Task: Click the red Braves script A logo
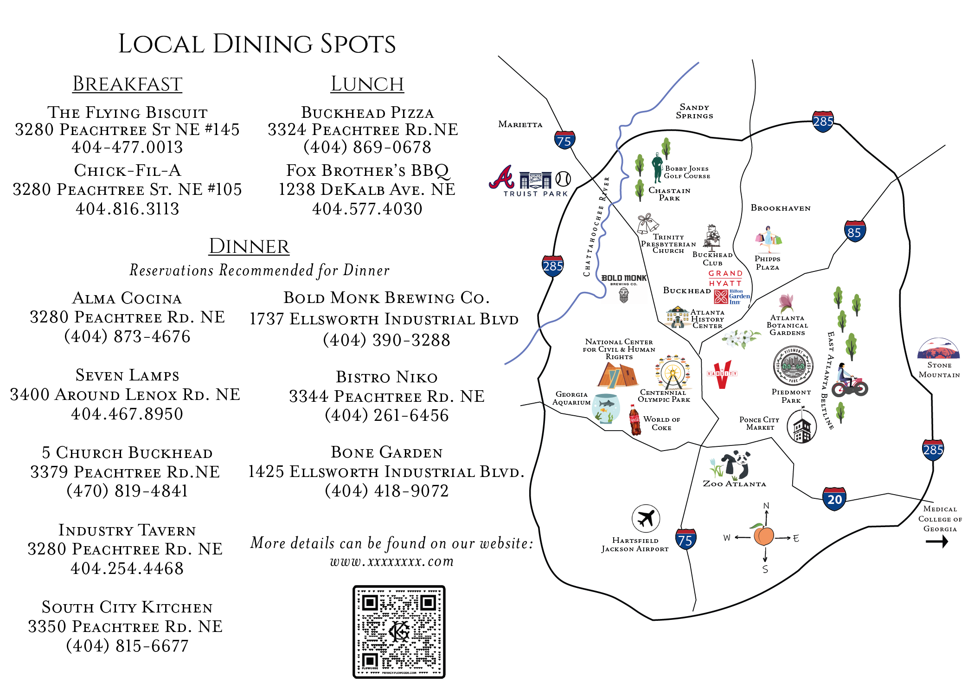[502, 177]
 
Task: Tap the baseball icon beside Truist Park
[563, 179]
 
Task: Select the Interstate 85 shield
[854, 231]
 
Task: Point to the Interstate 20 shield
[834, 499]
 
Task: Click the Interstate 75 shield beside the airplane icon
[685, 539]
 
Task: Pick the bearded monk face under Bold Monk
[624, 295]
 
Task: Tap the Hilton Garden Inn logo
[732, 297]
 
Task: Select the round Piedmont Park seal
[793, 365]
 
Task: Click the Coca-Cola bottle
[634, 420]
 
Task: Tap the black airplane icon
[645, 518]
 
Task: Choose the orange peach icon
[763, 535]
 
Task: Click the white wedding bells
[647, 225]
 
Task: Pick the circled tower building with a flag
[801, 425]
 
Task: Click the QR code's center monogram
[399, 632]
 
